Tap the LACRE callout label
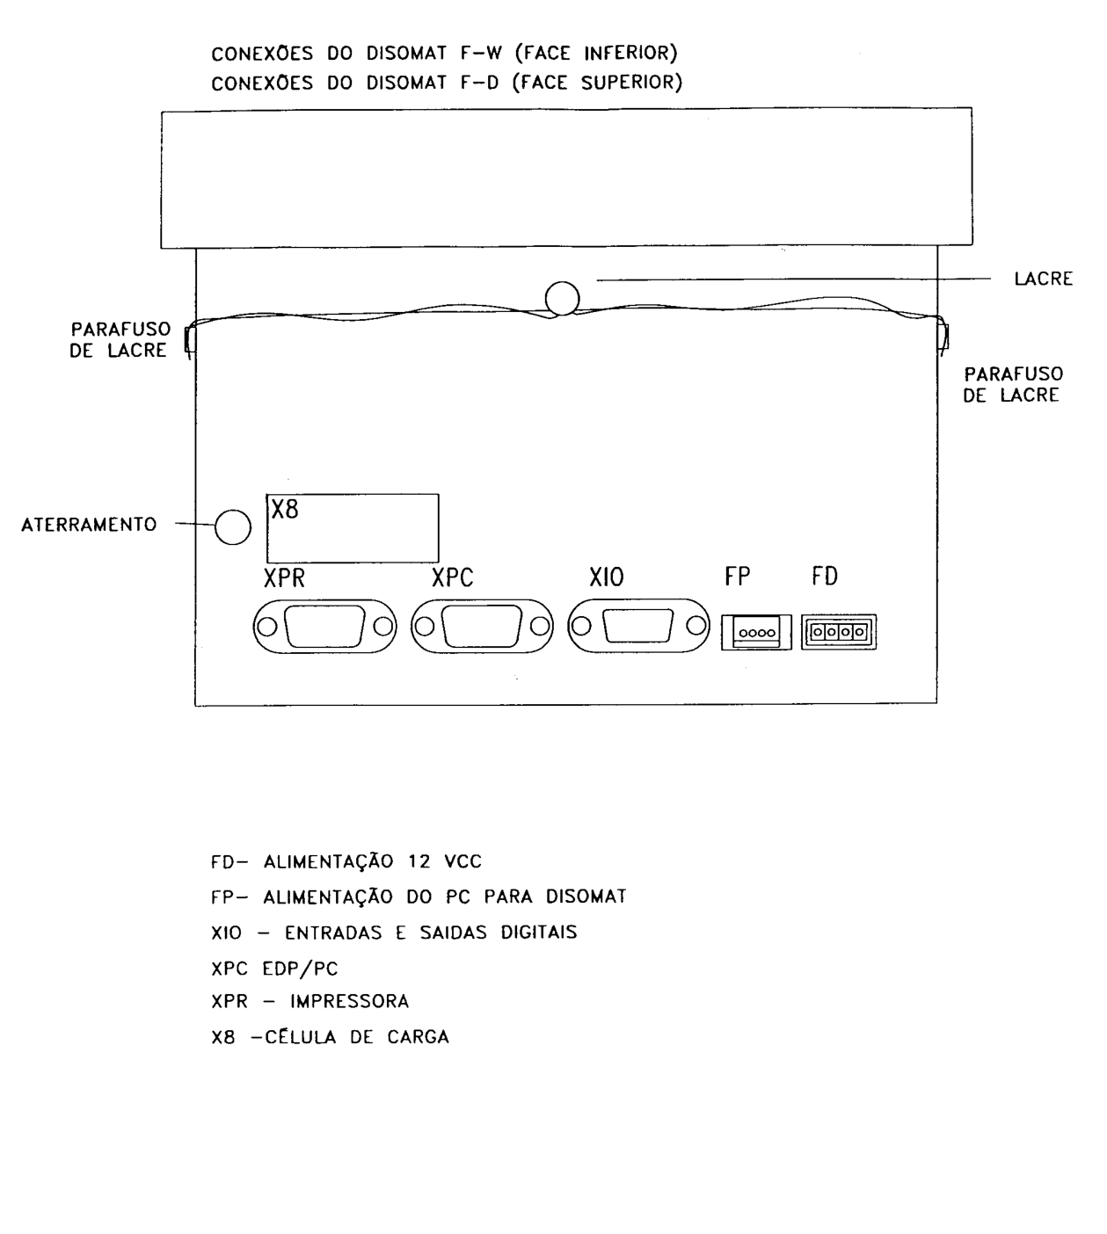tap(1043, 279)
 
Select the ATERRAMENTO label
tap(89, 525)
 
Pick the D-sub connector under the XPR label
tap(324, 626)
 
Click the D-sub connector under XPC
tap(482, 626)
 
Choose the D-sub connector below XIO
tap(638, 626)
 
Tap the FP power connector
tap(756, 632)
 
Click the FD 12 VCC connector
tap(838, 632)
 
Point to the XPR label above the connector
tap(284, 577)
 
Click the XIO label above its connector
tap(606, 577)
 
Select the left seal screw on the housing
tap(189, 340)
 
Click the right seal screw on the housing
tap(943, 337)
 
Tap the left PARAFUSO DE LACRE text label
tap(120, 340)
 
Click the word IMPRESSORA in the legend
tap(349, 1001)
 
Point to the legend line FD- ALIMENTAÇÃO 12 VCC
tap(346, 861)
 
